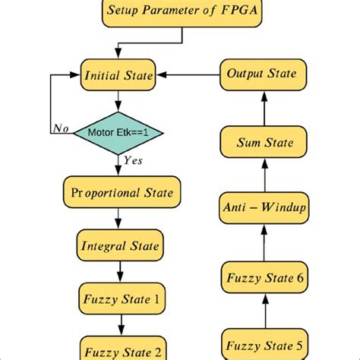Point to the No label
tap(60, 128)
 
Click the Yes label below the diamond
tap(132, 159)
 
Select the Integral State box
tap(118, 246)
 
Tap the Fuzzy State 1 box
tap(118, 298)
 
